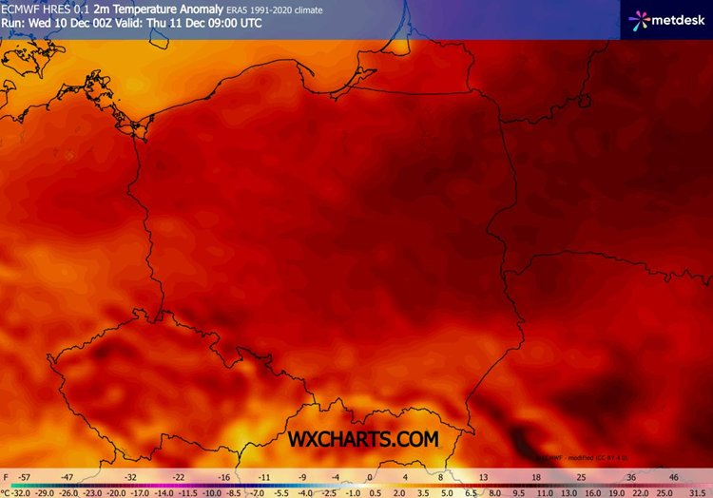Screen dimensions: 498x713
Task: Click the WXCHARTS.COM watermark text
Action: tap(365, 439)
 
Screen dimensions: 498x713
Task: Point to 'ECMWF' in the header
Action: tap(21, 10)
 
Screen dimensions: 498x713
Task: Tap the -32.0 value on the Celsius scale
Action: tap(20, 492)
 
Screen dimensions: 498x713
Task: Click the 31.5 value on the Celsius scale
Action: tap(698, 492)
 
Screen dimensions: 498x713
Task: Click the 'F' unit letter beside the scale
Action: tap(6, 476)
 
